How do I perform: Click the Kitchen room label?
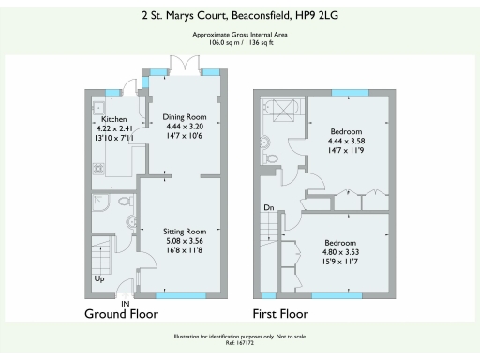click(x=114, y=120)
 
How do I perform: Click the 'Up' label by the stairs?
click(x=98, y=279)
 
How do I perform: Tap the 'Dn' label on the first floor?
click(x=268, y=208)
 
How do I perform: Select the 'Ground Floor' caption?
click(x=121, y=315)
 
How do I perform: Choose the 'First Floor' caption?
click(x=280, y=315)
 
